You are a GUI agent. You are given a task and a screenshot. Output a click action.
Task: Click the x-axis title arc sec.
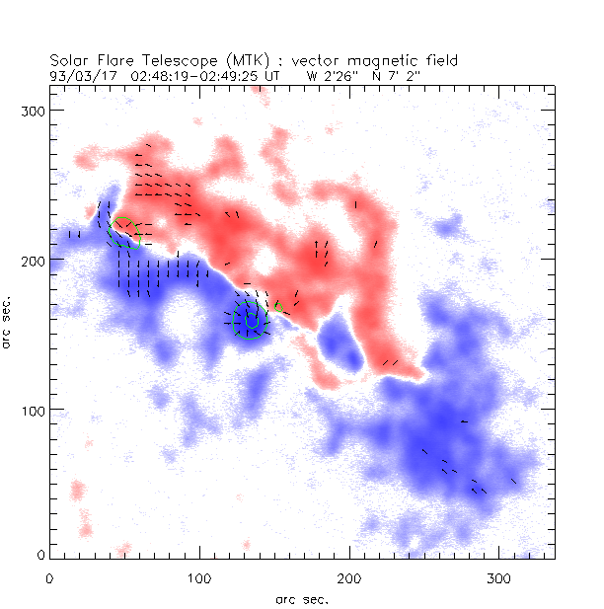click(x=302, y=598)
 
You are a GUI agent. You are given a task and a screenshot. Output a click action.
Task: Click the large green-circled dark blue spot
click(x=250, y=321)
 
